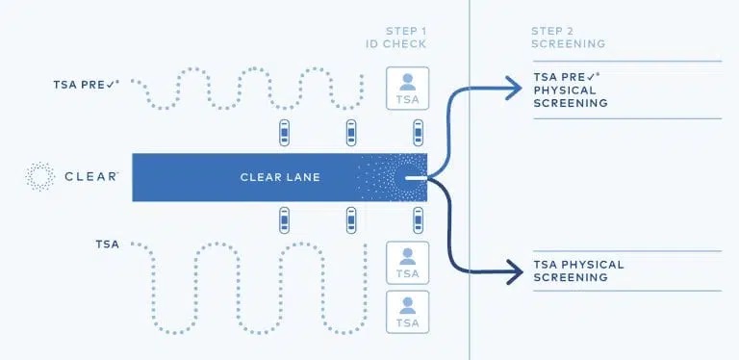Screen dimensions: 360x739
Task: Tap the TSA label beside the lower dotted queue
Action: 107,244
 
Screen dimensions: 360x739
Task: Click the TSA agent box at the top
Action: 408,88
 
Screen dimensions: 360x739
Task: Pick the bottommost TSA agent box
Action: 408,311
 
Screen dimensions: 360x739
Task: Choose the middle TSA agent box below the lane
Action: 408,262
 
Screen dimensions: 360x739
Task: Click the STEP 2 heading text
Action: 551,30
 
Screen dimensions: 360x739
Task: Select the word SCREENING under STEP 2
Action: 568,43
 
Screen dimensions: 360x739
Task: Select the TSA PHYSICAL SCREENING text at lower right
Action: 578,270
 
